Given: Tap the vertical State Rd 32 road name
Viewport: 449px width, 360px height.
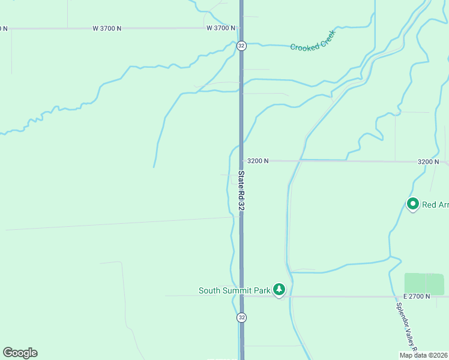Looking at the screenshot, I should [241, 190].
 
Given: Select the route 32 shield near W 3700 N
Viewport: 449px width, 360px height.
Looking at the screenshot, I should [241, 46].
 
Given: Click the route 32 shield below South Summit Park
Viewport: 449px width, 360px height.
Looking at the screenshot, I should [241, 317].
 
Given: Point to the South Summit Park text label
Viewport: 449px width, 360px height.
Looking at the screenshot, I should [235, 290].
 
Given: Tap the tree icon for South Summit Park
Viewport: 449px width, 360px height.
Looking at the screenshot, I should [279, 290].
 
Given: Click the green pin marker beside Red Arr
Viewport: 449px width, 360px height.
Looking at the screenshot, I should [413, 205].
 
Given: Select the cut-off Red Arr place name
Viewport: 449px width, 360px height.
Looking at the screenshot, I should [435, 205].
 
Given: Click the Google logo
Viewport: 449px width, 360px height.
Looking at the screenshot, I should [20, 353].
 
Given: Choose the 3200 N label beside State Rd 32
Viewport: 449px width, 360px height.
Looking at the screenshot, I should [258, 161].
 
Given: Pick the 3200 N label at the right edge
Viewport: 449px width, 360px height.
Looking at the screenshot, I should [429, 162].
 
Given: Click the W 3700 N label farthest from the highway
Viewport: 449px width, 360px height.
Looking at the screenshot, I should [107, 28].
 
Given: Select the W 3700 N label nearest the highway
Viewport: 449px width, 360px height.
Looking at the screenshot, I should [221, 28].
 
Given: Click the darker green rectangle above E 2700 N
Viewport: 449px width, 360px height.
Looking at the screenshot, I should [424, 284].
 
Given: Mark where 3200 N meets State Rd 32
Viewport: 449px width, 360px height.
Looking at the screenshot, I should [241, 161].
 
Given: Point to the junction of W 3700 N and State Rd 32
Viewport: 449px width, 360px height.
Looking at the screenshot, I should [241, 28].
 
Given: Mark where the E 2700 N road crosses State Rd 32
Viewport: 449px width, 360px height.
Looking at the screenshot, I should [241, 296].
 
